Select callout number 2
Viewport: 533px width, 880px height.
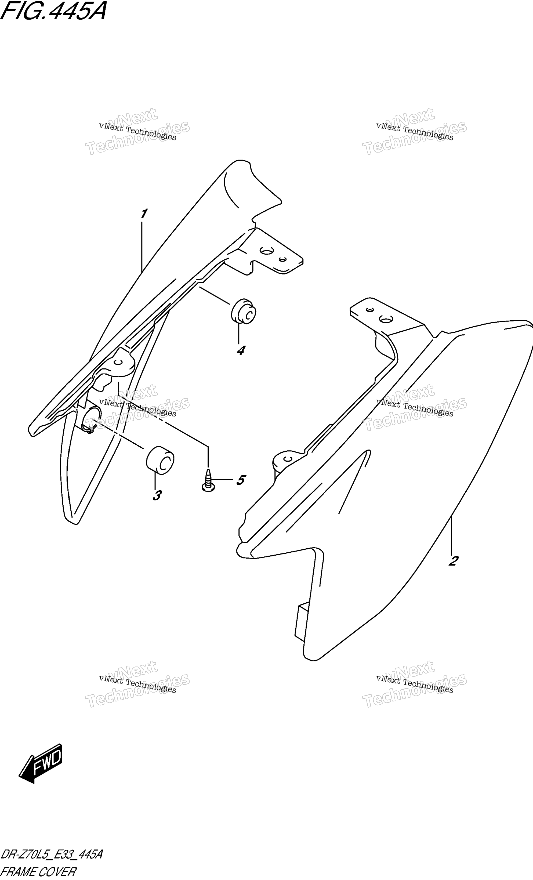coord(453,561)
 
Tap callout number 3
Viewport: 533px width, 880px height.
coord(157,495)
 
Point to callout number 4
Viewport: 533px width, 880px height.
coord(241,350)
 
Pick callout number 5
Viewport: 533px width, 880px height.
coord(241,480)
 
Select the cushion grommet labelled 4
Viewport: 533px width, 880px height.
coord(244,312)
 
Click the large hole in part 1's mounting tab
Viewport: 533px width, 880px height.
coord(266,251)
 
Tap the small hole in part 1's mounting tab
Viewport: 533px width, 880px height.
coord(283,259)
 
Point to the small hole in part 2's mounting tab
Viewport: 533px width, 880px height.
coord(370,310)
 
